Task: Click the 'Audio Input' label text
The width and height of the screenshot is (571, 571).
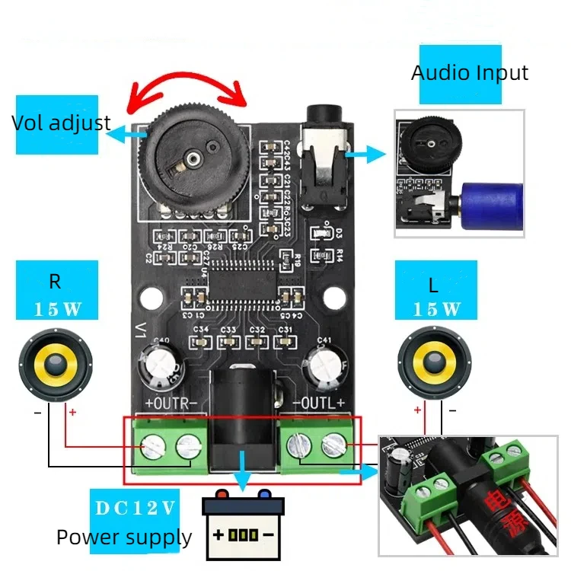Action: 469,73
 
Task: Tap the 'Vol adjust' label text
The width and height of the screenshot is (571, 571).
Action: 61,123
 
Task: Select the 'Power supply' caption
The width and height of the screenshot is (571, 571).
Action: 124,538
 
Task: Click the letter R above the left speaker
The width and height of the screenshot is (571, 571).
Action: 55,282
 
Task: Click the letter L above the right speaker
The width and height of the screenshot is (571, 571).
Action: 434,285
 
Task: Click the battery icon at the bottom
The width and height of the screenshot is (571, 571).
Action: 242,523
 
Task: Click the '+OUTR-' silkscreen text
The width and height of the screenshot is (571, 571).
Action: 171,403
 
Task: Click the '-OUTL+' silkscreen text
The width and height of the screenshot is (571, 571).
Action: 319,403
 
